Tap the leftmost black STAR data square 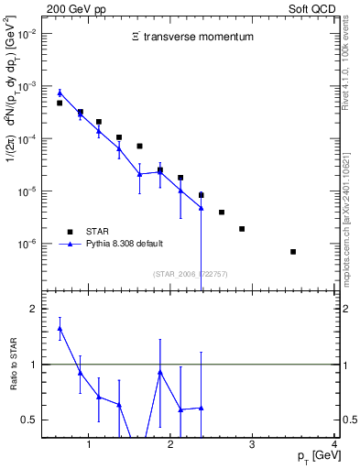click(60, 104)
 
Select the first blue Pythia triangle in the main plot click(60, 93)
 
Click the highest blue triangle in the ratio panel click(60, 328)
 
